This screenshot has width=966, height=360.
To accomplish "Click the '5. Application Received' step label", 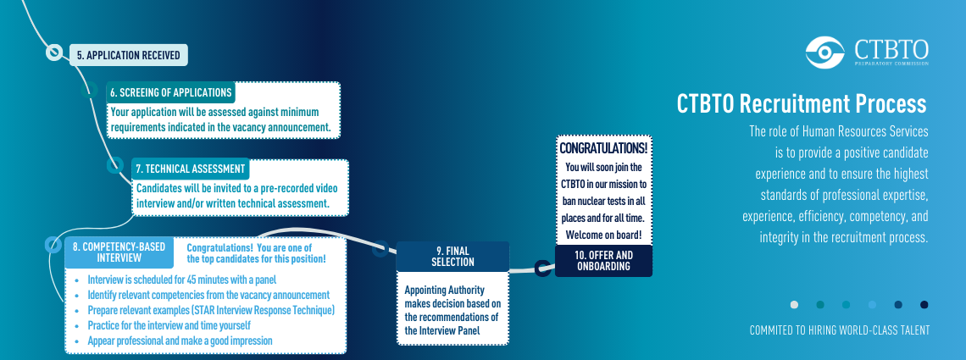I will point(128,55).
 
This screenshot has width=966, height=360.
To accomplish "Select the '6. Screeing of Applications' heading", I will point(169,92).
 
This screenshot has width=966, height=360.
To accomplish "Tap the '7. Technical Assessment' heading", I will point(190,169).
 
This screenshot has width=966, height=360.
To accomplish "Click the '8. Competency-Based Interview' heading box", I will point(119,252).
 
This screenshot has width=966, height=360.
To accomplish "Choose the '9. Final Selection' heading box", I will point(452,257).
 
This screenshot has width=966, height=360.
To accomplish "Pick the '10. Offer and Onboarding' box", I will point(602,261).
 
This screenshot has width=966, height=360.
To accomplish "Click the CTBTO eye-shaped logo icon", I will point(825,53).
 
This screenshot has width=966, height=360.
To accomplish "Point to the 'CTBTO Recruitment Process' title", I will point(801,103).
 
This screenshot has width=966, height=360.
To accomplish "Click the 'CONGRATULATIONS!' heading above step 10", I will point(603,147).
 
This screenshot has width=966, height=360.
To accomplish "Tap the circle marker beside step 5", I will point(54,53).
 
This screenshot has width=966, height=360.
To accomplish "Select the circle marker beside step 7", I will point(114,165).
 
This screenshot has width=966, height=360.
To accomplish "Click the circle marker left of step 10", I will point(542,269).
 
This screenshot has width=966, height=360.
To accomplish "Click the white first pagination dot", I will point(794,304).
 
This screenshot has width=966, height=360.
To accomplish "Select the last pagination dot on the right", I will point(924,304).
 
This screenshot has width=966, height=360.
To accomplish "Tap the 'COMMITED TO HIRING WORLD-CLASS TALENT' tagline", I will point(839,330).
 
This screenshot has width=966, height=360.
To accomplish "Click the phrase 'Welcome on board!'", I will point(603,234).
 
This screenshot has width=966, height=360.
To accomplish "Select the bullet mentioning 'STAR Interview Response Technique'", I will point(211,310).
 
